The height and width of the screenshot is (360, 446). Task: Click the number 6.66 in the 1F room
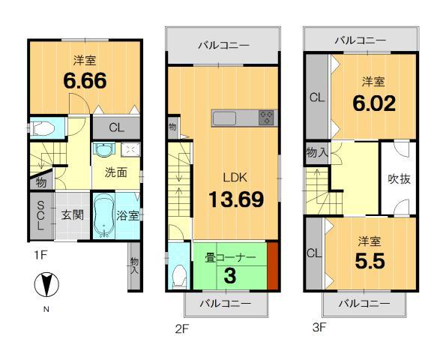point(85,79)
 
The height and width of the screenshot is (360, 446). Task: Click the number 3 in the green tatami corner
point(230,274)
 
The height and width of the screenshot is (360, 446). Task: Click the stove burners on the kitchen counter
point(265,117)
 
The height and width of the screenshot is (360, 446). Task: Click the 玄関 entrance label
point(72,215)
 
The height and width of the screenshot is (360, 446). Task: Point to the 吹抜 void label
point(397,179)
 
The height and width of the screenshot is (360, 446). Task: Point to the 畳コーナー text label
point(230,257)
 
